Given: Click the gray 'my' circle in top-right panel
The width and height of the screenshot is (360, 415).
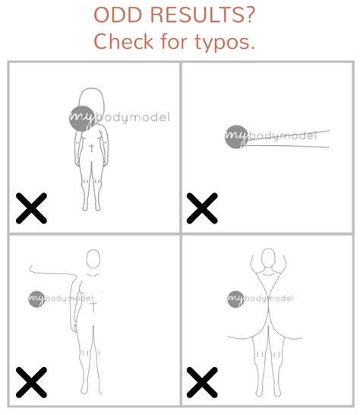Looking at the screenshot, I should pyautogui.click(x=235, y=137).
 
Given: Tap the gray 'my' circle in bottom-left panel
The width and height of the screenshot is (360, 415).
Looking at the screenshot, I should pyautogui.click(x=38, y=299).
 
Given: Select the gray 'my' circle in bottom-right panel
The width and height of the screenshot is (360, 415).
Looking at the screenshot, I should pyautogui.click(x=237, y=299).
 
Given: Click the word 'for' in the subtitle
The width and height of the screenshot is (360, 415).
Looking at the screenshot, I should pyautogui.click(x=175, y=42).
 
